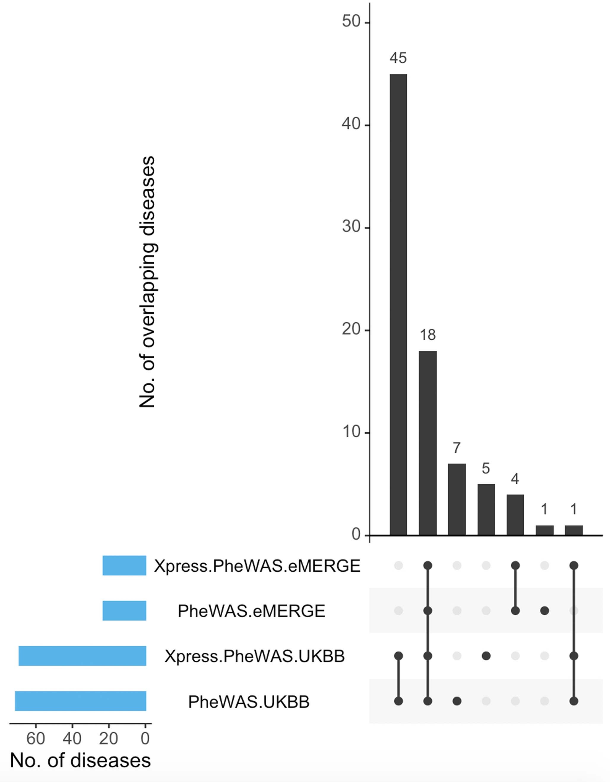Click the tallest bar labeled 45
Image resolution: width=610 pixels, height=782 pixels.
(398, 304)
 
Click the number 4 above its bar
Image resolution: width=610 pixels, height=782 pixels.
(515, 479)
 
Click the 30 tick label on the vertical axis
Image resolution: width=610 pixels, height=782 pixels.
(351, 227)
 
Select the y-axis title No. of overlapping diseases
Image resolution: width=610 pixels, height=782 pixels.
(147, 282)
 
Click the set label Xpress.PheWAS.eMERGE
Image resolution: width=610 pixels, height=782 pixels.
(257, 566)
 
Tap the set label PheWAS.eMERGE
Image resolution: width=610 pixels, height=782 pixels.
(251, 611)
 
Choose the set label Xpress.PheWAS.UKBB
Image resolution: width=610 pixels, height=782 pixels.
(254, 656)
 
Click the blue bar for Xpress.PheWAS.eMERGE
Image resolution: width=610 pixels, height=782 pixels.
(124, 566)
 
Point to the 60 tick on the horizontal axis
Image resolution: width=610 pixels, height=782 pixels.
(35, 738)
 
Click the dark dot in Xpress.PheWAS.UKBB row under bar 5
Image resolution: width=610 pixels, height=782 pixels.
(486, 656)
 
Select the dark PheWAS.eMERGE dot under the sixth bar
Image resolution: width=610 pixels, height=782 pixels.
(544, 611)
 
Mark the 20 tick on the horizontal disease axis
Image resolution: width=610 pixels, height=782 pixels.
(109, 738)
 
